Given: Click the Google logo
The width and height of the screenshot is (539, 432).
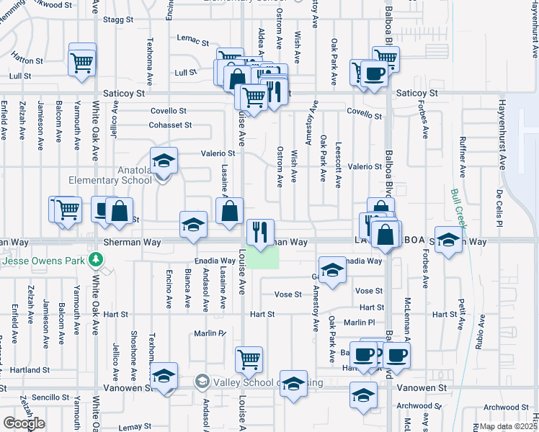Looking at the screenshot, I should (24, 423).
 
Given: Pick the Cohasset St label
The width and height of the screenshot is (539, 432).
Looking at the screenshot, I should (171, 125).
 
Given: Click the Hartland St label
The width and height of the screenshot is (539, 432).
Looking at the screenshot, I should (30, 370).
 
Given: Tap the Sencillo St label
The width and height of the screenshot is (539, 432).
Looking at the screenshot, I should (50, 397).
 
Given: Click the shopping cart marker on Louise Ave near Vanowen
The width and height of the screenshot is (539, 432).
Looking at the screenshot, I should (249, 359).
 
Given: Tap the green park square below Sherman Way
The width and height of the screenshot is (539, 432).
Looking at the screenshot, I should (264, 256).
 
